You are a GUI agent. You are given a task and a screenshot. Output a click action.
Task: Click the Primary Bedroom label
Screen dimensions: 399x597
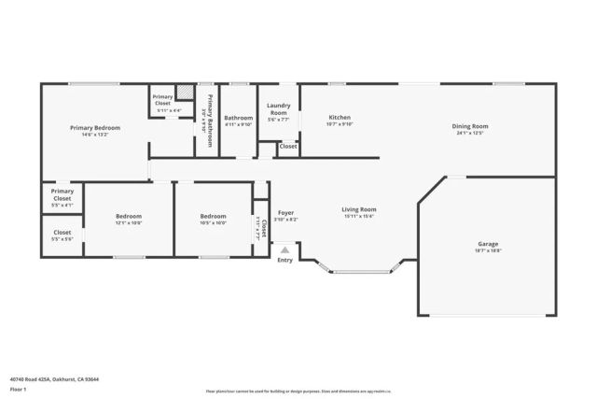point(95,127)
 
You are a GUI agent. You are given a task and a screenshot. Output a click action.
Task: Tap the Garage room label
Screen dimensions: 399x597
point(489,244)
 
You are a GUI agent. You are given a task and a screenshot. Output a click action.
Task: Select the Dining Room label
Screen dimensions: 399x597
point(470,126)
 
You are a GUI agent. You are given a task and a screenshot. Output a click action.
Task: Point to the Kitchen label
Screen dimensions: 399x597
point(339,118)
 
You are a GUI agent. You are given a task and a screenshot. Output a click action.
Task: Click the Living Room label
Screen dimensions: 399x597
point(359,209)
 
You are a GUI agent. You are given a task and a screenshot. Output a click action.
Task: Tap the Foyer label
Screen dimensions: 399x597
point(285,213)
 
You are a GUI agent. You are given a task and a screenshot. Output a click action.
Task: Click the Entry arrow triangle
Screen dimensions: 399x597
point(285,249)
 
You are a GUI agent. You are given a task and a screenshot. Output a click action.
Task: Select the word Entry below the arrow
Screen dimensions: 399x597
point(285,260)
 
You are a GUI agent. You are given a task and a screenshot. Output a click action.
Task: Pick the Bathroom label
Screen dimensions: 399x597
point(239,118)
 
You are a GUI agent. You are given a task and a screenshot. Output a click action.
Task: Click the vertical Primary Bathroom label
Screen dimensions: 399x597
point(210,117)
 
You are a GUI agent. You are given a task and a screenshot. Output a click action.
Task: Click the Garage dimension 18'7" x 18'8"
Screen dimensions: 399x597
point(489,250)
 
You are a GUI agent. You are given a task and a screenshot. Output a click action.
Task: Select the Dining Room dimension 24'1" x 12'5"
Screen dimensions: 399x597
point(470,133)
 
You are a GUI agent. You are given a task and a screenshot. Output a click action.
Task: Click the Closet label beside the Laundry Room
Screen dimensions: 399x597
point(289,147)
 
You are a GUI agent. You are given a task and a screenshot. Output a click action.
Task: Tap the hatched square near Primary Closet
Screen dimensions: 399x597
point(186,93)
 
